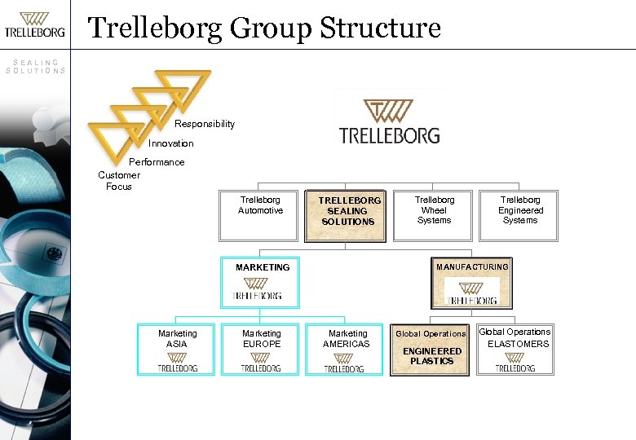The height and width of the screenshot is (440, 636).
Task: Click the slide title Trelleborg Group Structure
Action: tap(264, 28)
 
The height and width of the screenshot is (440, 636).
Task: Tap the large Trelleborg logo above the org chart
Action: tap(389, 122)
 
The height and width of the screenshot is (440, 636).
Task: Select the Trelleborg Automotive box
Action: tap(260, 215)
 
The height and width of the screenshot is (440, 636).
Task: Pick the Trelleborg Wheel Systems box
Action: tap(434, 215)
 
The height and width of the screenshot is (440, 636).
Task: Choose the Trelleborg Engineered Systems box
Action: tap(519, 215)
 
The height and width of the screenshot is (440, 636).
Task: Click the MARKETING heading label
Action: tap(263, 267)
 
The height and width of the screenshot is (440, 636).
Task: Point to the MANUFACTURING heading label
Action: tap(472, 266)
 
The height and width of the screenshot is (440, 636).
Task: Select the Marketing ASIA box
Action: tap(177, 350)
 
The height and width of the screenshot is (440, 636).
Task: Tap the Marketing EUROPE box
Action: tap(261, 350)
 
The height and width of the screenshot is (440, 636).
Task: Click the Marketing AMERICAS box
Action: tap(347, 350)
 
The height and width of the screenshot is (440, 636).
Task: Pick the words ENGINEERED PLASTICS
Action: tap(431, 356)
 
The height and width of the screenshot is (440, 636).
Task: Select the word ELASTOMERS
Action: tap(519, 344)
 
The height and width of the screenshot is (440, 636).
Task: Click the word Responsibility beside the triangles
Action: tap(204, 124)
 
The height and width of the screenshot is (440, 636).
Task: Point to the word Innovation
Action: tap(171, 143)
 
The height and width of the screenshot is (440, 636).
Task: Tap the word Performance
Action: tap(157, 162)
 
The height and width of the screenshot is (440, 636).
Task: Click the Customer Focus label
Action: tap(119, 181)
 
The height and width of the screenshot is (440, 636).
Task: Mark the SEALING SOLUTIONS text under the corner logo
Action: tap(36, 66)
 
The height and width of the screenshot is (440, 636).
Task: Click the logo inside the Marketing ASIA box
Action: tap(177, 362)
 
